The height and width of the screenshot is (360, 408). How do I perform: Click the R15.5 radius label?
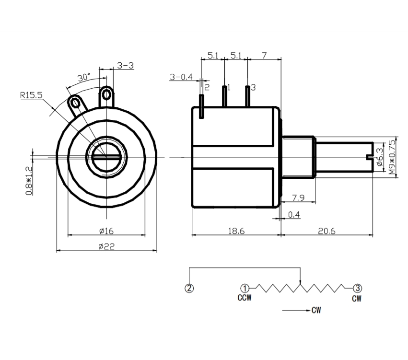click(31, 95)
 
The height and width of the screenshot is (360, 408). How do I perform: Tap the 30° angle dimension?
click(84, 77)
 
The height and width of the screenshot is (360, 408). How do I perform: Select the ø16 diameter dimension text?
click(106, 231)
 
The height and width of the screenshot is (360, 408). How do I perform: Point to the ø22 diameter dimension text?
click(106, 246)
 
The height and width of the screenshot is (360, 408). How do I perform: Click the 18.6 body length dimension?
click(235, 231)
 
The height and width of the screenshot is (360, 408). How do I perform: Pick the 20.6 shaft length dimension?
click(326, 231)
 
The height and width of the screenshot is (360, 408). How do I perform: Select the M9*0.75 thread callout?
click(392, 157)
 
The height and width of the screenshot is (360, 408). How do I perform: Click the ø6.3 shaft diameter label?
click(379, 157)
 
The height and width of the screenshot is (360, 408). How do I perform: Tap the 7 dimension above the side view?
click(264, 56)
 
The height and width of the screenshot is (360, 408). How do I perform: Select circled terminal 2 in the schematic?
click(189, 288)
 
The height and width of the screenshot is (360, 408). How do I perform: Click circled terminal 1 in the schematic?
click(245, 288)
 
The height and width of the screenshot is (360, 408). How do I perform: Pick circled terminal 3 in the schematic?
click(357, 288)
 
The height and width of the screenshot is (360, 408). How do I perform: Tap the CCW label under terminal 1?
click(245, 298)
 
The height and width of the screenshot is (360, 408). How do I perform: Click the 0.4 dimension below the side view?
click(294, 215)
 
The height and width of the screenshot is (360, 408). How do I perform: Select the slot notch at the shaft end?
click(368, 157)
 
